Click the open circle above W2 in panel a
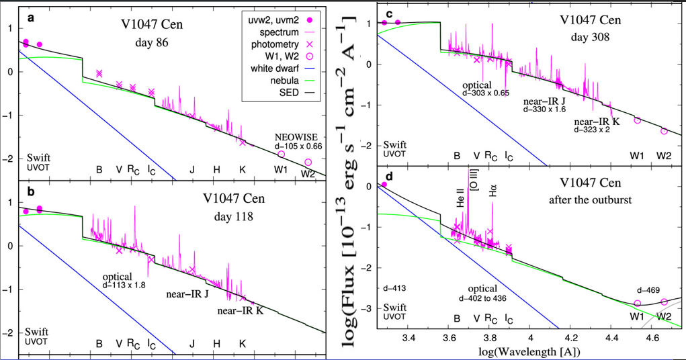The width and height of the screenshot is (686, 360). pos(308,162)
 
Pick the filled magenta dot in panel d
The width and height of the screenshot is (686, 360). pos(384,184)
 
